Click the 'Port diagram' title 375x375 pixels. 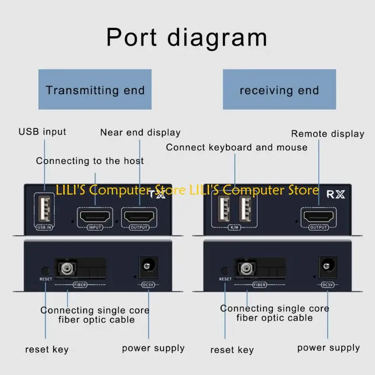[187, 37]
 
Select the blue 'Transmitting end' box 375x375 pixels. [95, 90]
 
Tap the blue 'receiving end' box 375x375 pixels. [279, 90]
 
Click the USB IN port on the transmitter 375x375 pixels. [43, 208]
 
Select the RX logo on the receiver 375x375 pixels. [335, 194]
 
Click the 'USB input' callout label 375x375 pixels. [42, 132]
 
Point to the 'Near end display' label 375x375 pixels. [140, 133]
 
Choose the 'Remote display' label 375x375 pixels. [328, 134]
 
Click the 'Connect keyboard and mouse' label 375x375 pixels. [237, 148]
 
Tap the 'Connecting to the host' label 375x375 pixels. [90, 161]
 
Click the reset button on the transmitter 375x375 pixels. [45, 270]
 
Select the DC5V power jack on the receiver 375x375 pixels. [327, 267]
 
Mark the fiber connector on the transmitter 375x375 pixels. [65, 269]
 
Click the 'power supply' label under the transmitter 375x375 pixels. [153, 348]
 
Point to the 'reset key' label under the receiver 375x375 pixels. [232, 350]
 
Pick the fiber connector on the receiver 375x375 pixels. [244, 269]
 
